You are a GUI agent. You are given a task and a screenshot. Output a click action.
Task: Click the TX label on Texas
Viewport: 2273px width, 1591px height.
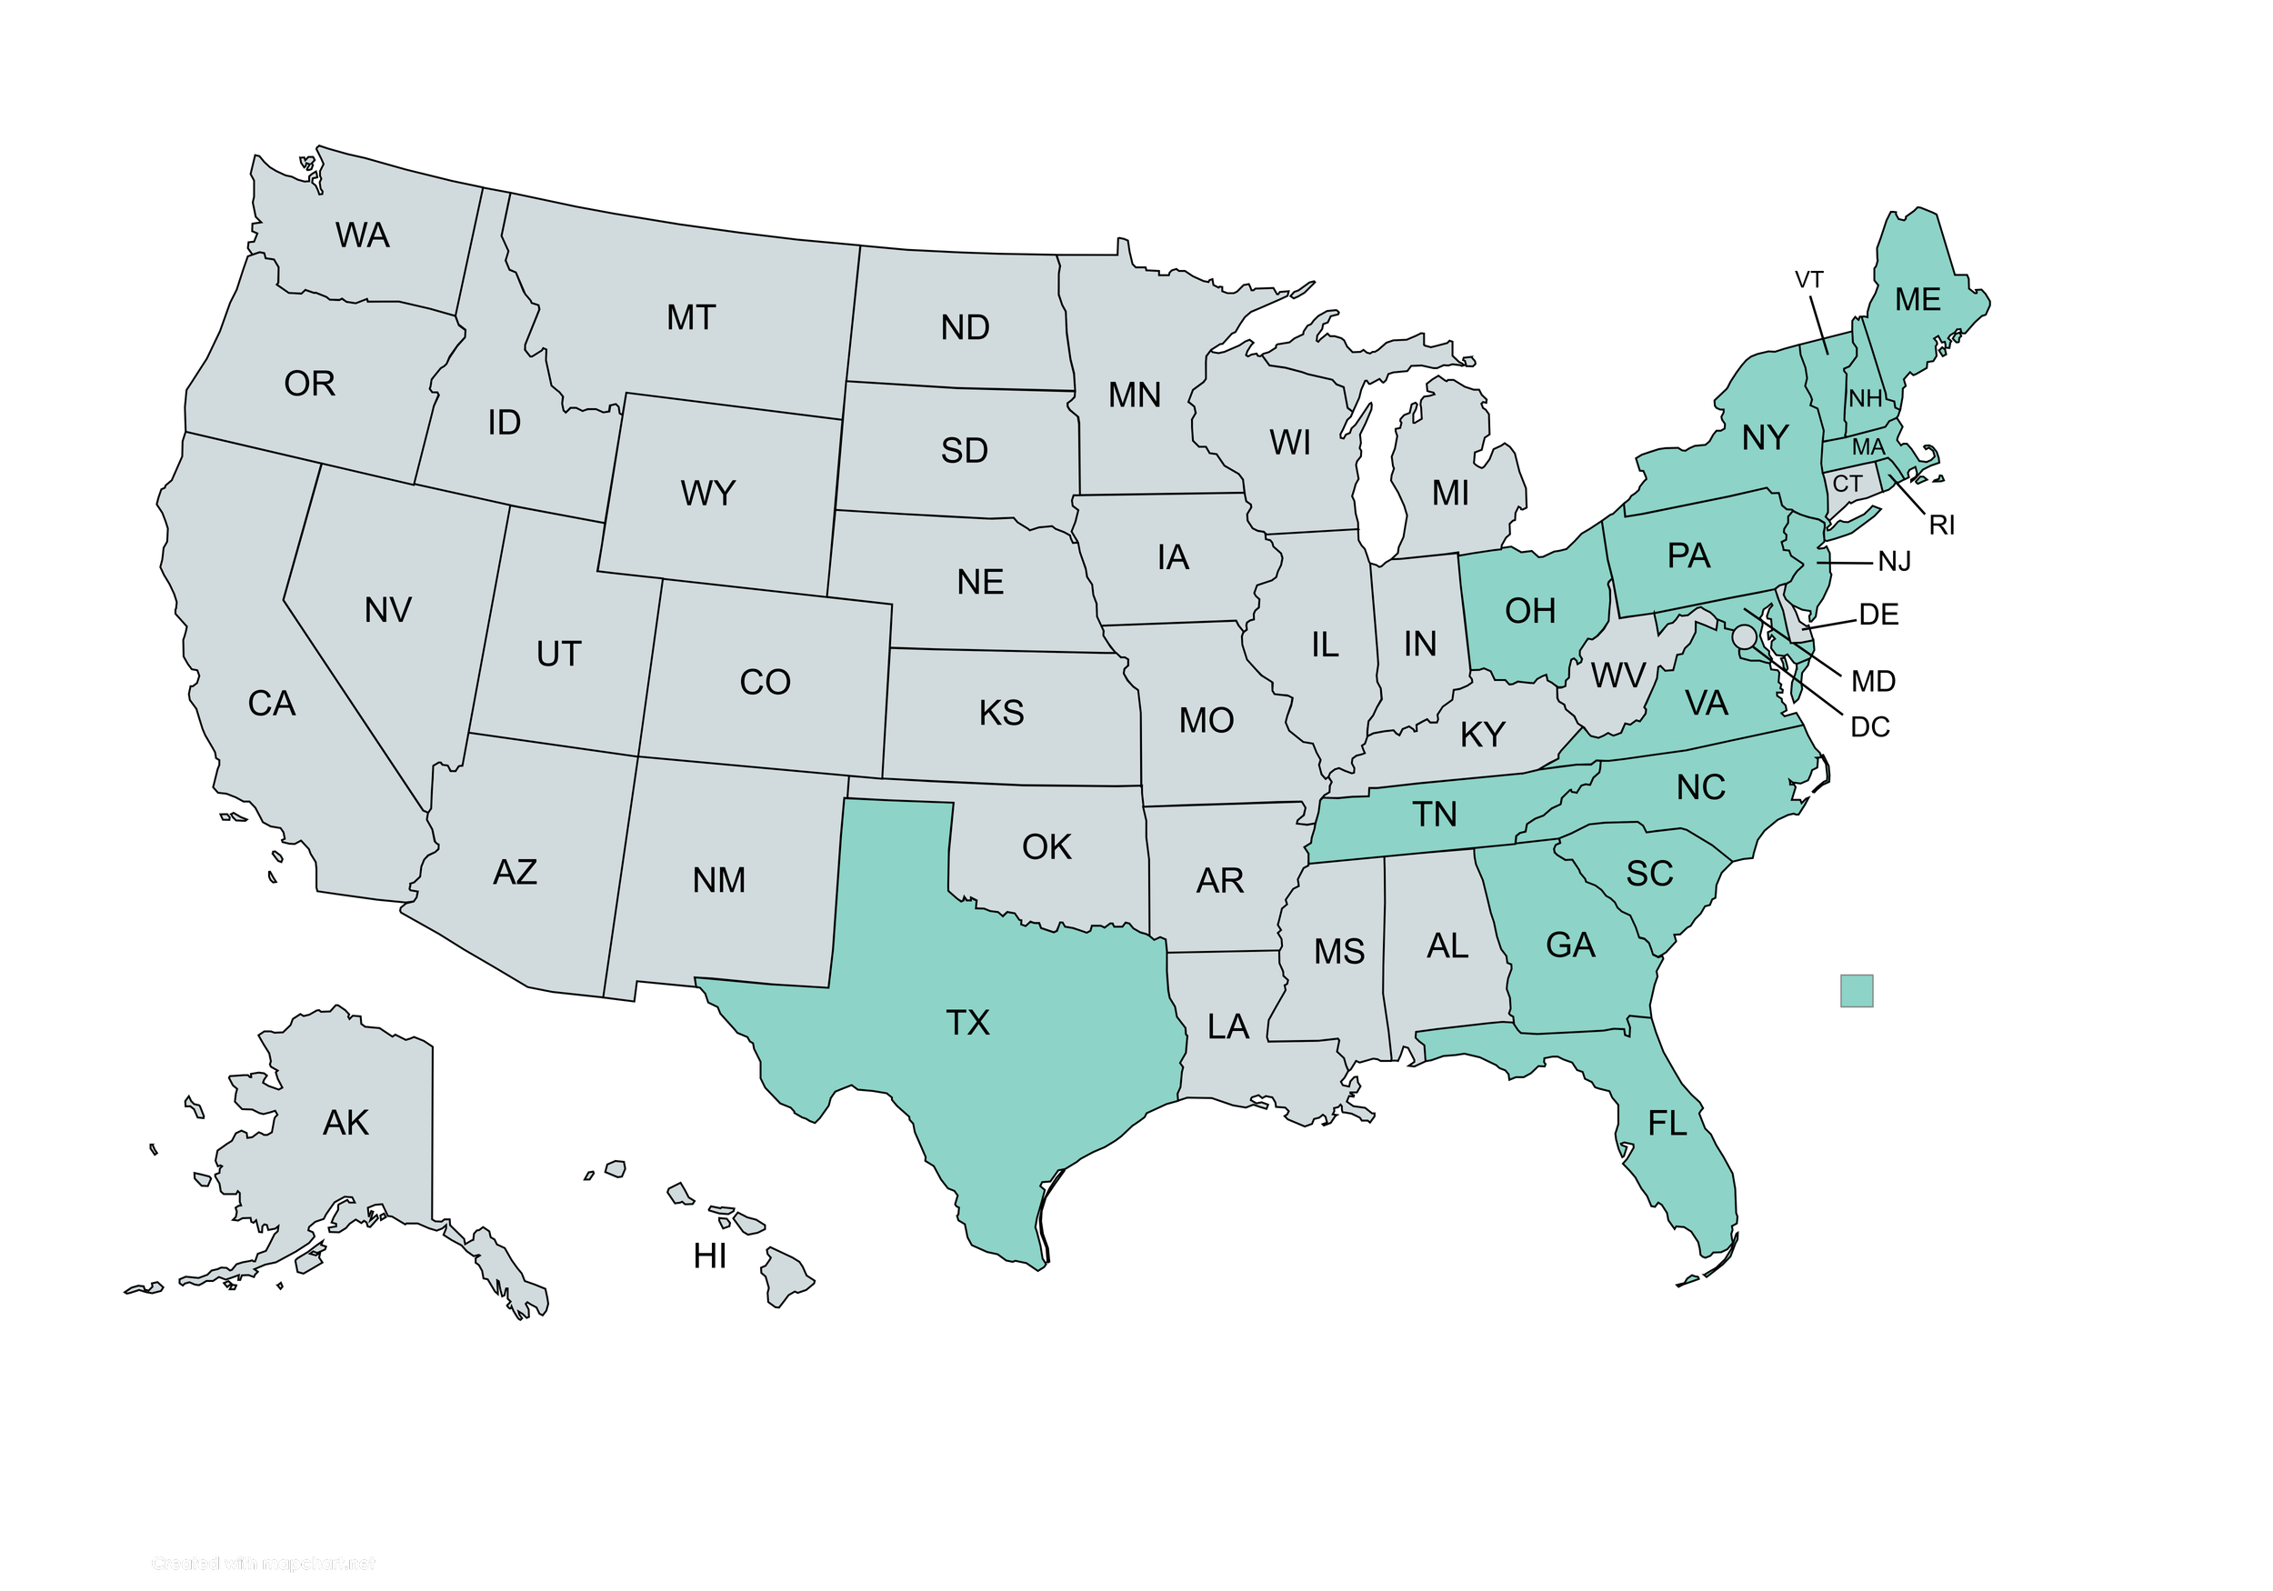967,1023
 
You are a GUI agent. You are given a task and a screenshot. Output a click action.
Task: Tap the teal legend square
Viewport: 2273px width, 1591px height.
1857,991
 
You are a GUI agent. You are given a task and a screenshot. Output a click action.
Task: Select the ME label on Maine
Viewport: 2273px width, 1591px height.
1918,300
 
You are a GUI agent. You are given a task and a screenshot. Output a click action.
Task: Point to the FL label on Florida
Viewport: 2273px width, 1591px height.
1667,1124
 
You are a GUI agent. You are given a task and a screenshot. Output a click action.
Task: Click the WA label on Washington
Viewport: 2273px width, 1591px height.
363,235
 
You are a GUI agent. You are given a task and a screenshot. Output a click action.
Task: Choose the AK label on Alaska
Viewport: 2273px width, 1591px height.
345,1123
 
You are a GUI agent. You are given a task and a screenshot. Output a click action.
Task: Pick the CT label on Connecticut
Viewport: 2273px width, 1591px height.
1847,485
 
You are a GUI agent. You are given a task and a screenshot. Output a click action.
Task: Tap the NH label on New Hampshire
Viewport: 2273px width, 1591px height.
1865,399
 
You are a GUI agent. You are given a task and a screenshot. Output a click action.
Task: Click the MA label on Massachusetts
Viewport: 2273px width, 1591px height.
1868,447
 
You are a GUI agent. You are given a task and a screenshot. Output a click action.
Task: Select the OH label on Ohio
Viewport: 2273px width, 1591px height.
1530,611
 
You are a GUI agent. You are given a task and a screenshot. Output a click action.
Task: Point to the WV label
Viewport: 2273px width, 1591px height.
1617,676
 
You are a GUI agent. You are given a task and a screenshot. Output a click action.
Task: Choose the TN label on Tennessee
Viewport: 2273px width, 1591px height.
1435,815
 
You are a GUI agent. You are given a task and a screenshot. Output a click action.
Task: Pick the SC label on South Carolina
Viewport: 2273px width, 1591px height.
1649,873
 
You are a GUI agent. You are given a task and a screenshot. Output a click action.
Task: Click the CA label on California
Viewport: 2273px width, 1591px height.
271,704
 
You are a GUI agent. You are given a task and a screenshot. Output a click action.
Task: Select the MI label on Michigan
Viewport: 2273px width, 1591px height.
1450,493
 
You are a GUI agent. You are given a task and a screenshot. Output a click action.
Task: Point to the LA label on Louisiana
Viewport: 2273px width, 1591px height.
1227,1026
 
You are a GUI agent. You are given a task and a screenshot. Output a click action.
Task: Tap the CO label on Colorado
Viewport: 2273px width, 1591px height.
765,682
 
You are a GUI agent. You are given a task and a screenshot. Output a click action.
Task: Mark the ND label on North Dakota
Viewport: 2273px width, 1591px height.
965,327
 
